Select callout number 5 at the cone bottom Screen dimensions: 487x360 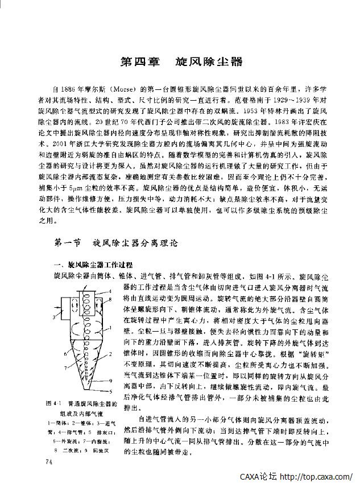coord(111,392)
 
